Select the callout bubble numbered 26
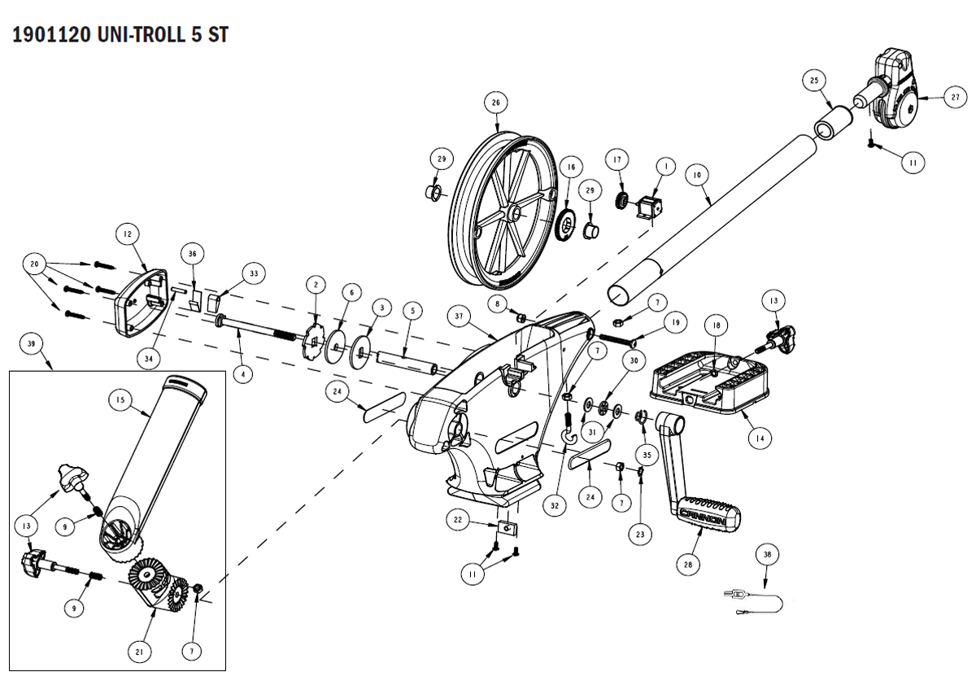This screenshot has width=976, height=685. [x=495, y=103]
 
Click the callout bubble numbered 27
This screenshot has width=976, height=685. [x=955, y=97]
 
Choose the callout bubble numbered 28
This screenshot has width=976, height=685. [x=689, y=561]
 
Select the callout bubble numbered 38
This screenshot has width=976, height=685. [x=766, y=554]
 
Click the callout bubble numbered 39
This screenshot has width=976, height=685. [x=32, y=344]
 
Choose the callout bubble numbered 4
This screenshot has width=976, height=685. [x=242, y=375]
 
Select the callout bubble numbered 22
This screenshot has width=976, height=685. [x=458, y=520]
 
